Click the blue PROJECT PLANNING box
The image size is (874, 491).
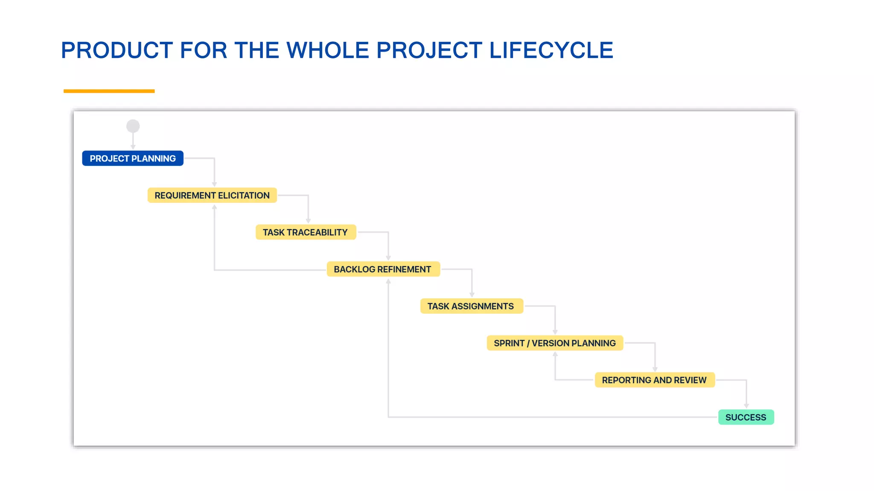click(133, 158)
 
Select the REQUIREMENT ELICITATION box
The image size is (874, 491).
click(212, 195)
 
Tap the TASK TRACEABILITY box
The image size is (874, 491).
click(306, 232)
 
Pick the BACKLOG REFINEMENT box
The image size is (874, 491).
click(383, 269)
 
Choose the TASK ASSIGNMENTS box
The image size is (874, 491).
click(471, 306)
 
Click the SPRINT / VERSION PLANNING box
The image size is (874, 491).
click(555, 343)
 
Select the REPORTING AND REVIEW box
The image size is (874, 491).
click(654, 380)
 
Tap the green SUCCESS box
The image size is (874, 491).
click(746, 417)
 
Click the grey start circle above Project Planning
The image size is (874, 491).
click(133, 126)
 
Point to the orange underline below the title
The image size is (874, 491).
click(109, 91)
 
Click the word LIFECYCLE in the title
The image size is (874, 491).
click(551, 50)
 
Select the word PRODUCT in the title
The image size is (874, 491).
click(117, 50)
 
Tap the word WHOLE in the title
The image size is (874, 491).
click(327, 50)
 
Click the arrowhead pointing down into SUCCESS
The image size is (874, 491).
click(746, 406)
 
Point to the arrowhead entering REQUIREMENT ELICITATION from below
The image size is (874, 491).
click(214, 208)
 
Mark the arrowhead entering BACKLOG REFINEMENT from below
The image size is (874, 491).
click(388, 282)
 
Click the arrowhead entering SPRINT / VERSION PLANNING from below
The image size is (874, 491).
click(555, 355)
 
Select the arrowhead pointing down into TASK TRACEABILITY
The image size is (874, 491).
click(308, 220)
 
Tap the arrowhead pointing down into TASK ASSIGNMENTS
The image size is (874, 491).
click(472, 295)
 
